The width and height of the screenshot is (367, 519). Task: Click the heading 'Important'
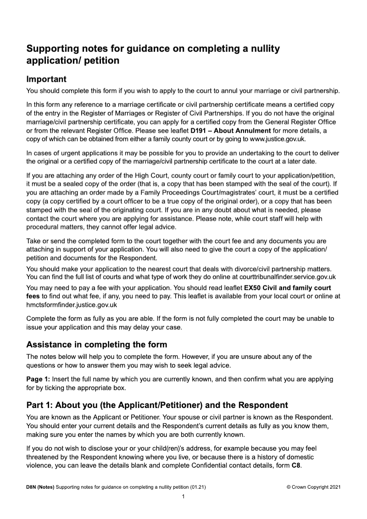click(46, 79)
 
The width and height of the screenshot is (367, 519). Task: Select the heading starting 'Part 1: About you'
click(157, 405)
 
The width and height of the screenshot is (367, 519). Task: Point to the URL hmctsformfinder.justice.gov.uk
click(72, 304)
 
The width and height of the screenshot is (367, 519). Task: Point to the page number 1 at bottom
click(183, 497)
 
